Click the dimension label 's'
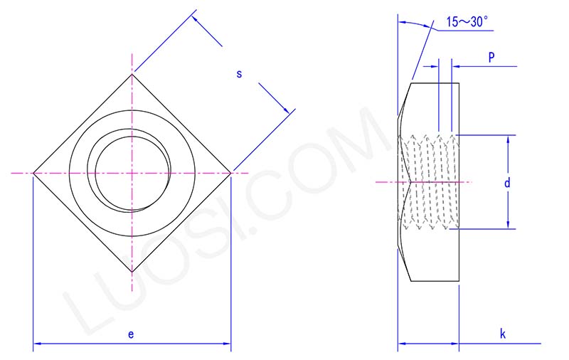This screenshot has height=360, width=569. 239,74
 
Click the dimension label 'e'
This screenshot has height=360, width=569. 131,333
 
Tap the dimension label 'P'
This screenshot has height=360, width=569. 491,58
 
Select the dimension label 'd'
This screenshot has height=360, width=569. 507,183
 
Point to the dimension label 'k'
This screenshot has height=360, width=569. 502,333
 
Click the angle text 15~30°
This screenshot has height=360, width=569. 466,22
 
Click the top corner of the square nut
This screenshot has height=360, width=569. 132,74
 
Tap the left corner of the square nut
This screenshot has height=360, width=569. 33,173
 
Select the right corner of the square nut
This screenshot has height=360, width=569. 230,173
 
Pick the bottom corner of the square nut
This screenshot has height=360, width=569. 132,272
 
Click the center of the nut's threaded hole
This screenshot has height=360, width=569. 132,173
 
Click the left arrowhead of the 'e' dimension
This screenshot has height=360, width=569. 38,344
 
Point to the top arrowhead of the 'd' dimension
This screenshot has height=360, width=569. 509,139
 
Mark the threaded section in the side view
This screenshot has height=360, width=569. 428,182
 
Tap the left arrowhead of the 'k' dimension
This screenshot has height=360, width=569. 401,344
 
